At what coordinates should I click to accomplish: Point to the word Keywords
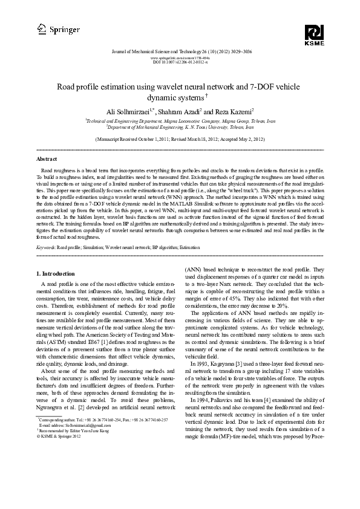(47, 248)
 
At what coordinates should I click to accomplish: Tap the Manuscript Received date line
(180, 138)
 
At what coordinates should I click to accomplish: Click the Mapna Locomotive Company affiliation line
(180, 121)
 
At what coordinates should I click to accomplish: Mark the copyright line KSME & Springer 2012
(61, 468)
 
